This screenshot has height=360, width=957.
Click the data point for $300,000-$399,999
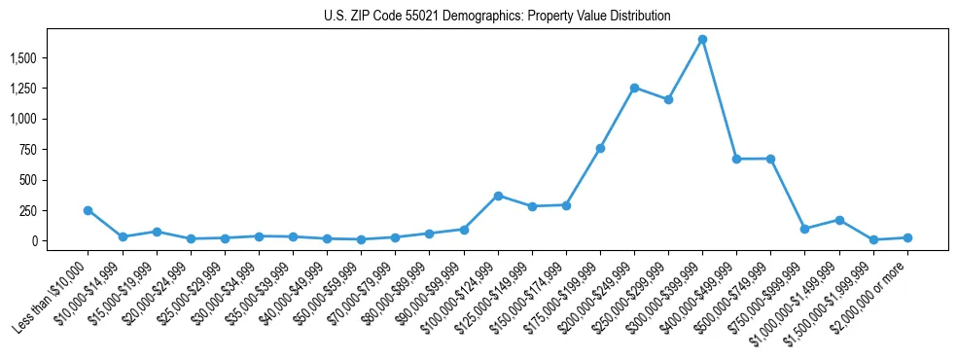click(702, 40)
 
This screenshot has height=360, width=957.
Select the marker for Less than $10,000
click(88, 210)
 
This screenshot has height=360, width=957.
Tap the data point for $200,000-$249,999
click(634, 88)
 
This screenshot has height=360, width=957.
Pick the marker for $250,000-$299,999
click(668, 99)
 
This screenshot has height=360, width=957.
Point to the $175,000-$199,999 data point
click(600, 148)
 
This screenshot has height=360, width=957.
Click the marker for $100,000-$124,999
click(498, 196)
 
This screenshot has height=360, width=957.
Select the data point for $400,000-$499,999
click(736, 159)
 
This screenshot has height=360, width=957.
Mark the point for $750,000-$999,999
click(804, 229)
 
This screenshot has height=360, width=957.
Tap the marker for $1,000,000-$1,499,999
click(839, 220)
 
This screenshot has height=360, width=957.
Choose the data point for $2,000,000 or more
click(907, 237)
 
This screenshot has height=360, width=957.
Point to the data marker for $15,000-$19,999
click(156, 232)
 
